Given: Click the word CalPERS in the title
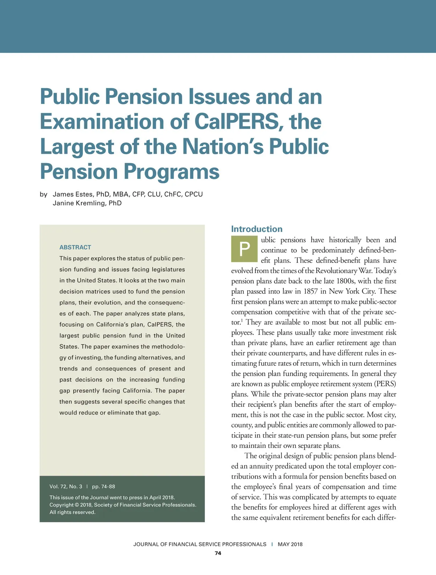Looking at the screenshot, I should [237, 121].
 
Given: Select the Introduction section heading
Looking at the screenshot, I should [257, 229].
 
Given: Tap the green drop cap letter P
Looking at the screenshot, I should [245, 249].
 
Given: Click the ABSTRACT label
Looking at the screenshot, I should [75, 247].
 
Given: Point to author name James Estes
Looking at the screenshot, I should [73, 194].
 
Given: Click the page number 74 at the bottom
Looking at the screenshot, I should [218, 553].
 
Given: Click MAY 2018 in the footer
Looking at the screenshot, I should [290, 544].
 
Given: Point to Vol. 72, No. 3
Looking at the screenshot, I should [66, 486].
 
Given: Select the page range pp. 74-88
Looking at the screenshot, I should [104, 486].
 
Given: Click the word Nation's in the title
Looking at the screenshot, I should [223, 146].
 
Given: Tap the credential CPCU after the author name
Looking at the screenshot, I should [194, 194].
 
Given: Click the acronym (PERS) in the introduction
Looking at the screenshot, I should [385, 384].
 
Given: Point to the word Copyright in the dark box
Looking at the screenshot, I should [61, 505].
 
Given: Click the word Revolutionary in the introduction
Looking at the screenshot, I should [338, 271].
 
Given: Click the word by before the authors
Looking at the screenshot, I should [44, 194].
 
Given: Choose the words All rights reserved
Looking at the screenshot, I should [72, 512].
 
